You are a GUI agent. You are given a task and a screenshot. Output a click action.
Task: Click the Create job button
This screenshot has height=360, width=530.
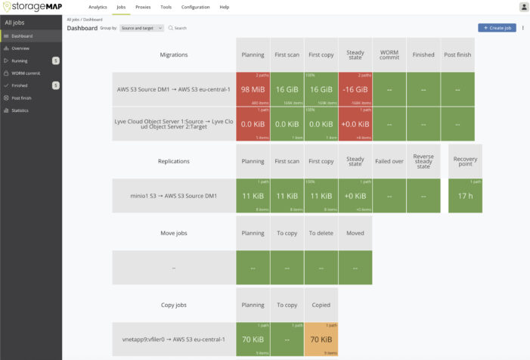tap(497, 28)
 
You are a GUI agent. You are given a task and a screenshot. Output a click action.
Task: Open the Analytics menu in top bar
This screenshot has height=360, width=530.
tap(98, 7)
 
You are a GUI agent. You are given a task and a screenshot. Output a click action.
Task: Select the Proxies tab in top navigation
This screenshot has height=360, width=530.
tap(143, 7)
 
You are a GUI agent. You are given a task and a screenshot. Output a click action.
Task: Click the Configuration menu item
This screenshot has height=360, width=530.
tap(195, 7)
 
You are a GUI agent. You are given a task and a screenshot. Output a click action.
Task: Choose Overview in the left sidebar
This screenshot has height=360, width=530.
tap(20, 48)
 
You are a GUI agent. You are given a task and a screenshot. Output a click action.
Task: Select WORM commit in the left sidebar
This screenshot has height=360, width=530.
tap(25, 73)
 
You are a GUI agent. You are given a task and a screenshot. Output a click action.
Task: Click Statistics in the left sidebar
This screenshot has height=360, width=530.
tap(20, 110)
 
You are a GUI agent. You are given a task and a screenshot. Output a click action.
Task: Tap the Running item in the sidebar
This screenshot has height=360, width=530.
tap(20, 61)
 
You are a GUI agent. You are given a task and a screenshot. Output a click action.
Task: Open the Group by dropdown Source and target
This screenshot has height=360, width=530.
tap(142, 28)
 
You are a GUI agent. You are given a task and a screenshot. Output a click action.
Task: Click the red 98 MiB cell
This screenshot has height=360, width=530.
tap(253, 89)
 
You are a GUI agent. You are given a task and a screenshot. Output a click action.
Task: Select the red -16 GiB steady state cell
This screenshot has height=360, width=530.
tap(355, 89)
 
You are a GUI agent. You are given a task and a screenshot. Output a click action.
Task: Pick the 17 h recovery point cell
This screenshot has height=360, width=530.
tap(465, 196)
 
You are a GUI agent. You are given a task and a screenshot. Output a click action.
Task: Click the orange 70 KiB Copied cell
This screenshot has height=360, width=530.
tap(321, 339)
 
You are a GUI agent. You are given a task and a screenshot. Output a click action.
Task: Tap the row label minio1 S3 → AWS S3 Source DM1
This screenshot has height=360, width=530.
tap(173, 196)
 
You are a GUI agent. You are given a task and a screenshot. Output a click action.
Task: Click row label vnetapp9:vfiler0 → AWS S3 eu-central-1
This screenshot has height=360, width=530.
tap(173, 339)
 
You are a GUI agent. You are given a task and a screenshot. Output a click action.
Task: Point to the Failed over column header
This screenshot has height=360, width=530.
tap(389, 160)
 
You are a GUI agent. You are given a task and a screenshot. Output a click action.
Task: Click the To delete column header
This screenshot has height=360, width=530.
tap(321, 233)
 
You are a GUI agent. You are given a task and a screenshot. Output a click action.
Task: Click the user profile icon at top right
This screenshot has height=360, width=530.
tap(523, 7)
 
